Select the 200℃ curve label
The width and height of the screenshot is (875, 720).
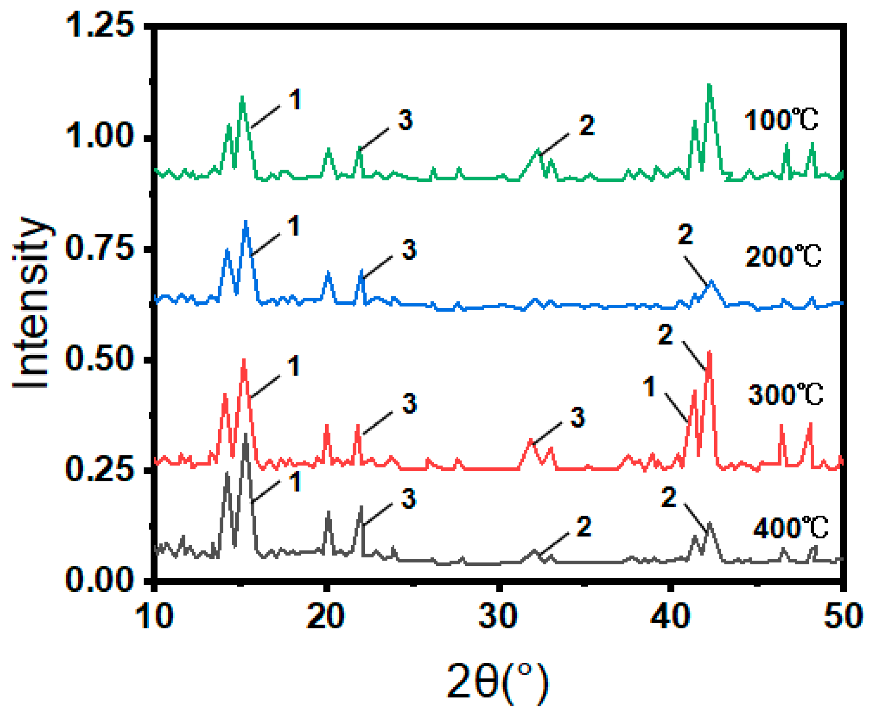[x=783, y=256]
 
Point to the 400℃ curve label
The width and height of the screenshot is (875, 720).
[x=790, y=528]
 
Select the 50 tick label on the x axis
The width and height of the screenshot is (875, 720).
[x=842, y=617]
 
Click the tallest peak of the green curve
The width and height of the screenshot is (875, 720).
[x=709, y=85]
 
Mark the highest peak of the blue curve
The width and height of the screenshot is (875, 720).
[x=246, y=222]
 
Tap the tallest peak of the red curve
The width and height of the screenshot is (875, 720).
[x=709, y=352]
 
